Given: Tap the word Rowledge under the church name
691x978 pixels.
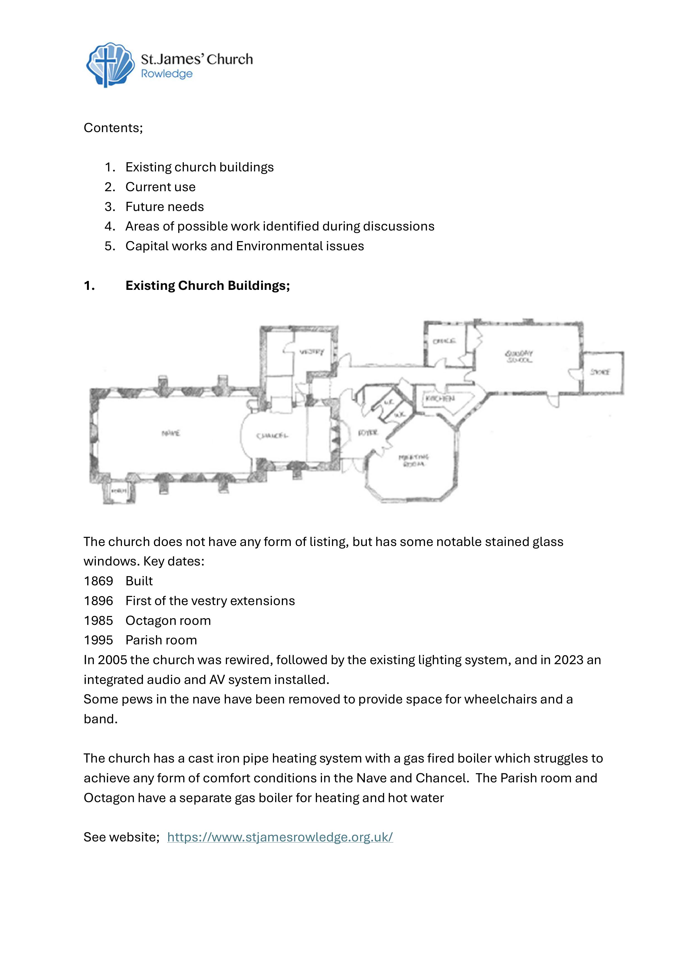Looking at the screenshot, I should point(167,74).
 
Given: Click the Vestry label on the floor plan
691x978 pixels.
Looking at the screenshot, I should point(312,352).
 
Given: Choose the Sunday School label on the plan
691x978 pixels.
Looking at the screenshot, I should point(519,356).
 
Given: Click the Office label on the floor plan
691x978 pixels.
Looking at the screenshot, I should point(444,341).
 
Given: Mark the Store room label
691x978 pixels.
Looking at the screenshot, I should point(600,372).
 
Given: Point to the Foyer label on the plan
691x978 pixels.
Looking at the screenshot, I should point(368,433).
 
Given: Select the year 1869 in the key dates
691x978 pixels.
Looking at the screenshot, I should point(98,581).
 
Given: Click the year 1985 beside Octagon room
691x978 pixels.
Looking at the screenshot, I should point(98,621).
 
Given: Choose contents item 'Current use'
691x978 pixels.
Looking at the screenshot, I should point(160,187).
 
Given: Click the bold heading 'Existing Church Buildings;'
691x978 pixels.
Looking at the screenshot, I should point(207,285).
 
